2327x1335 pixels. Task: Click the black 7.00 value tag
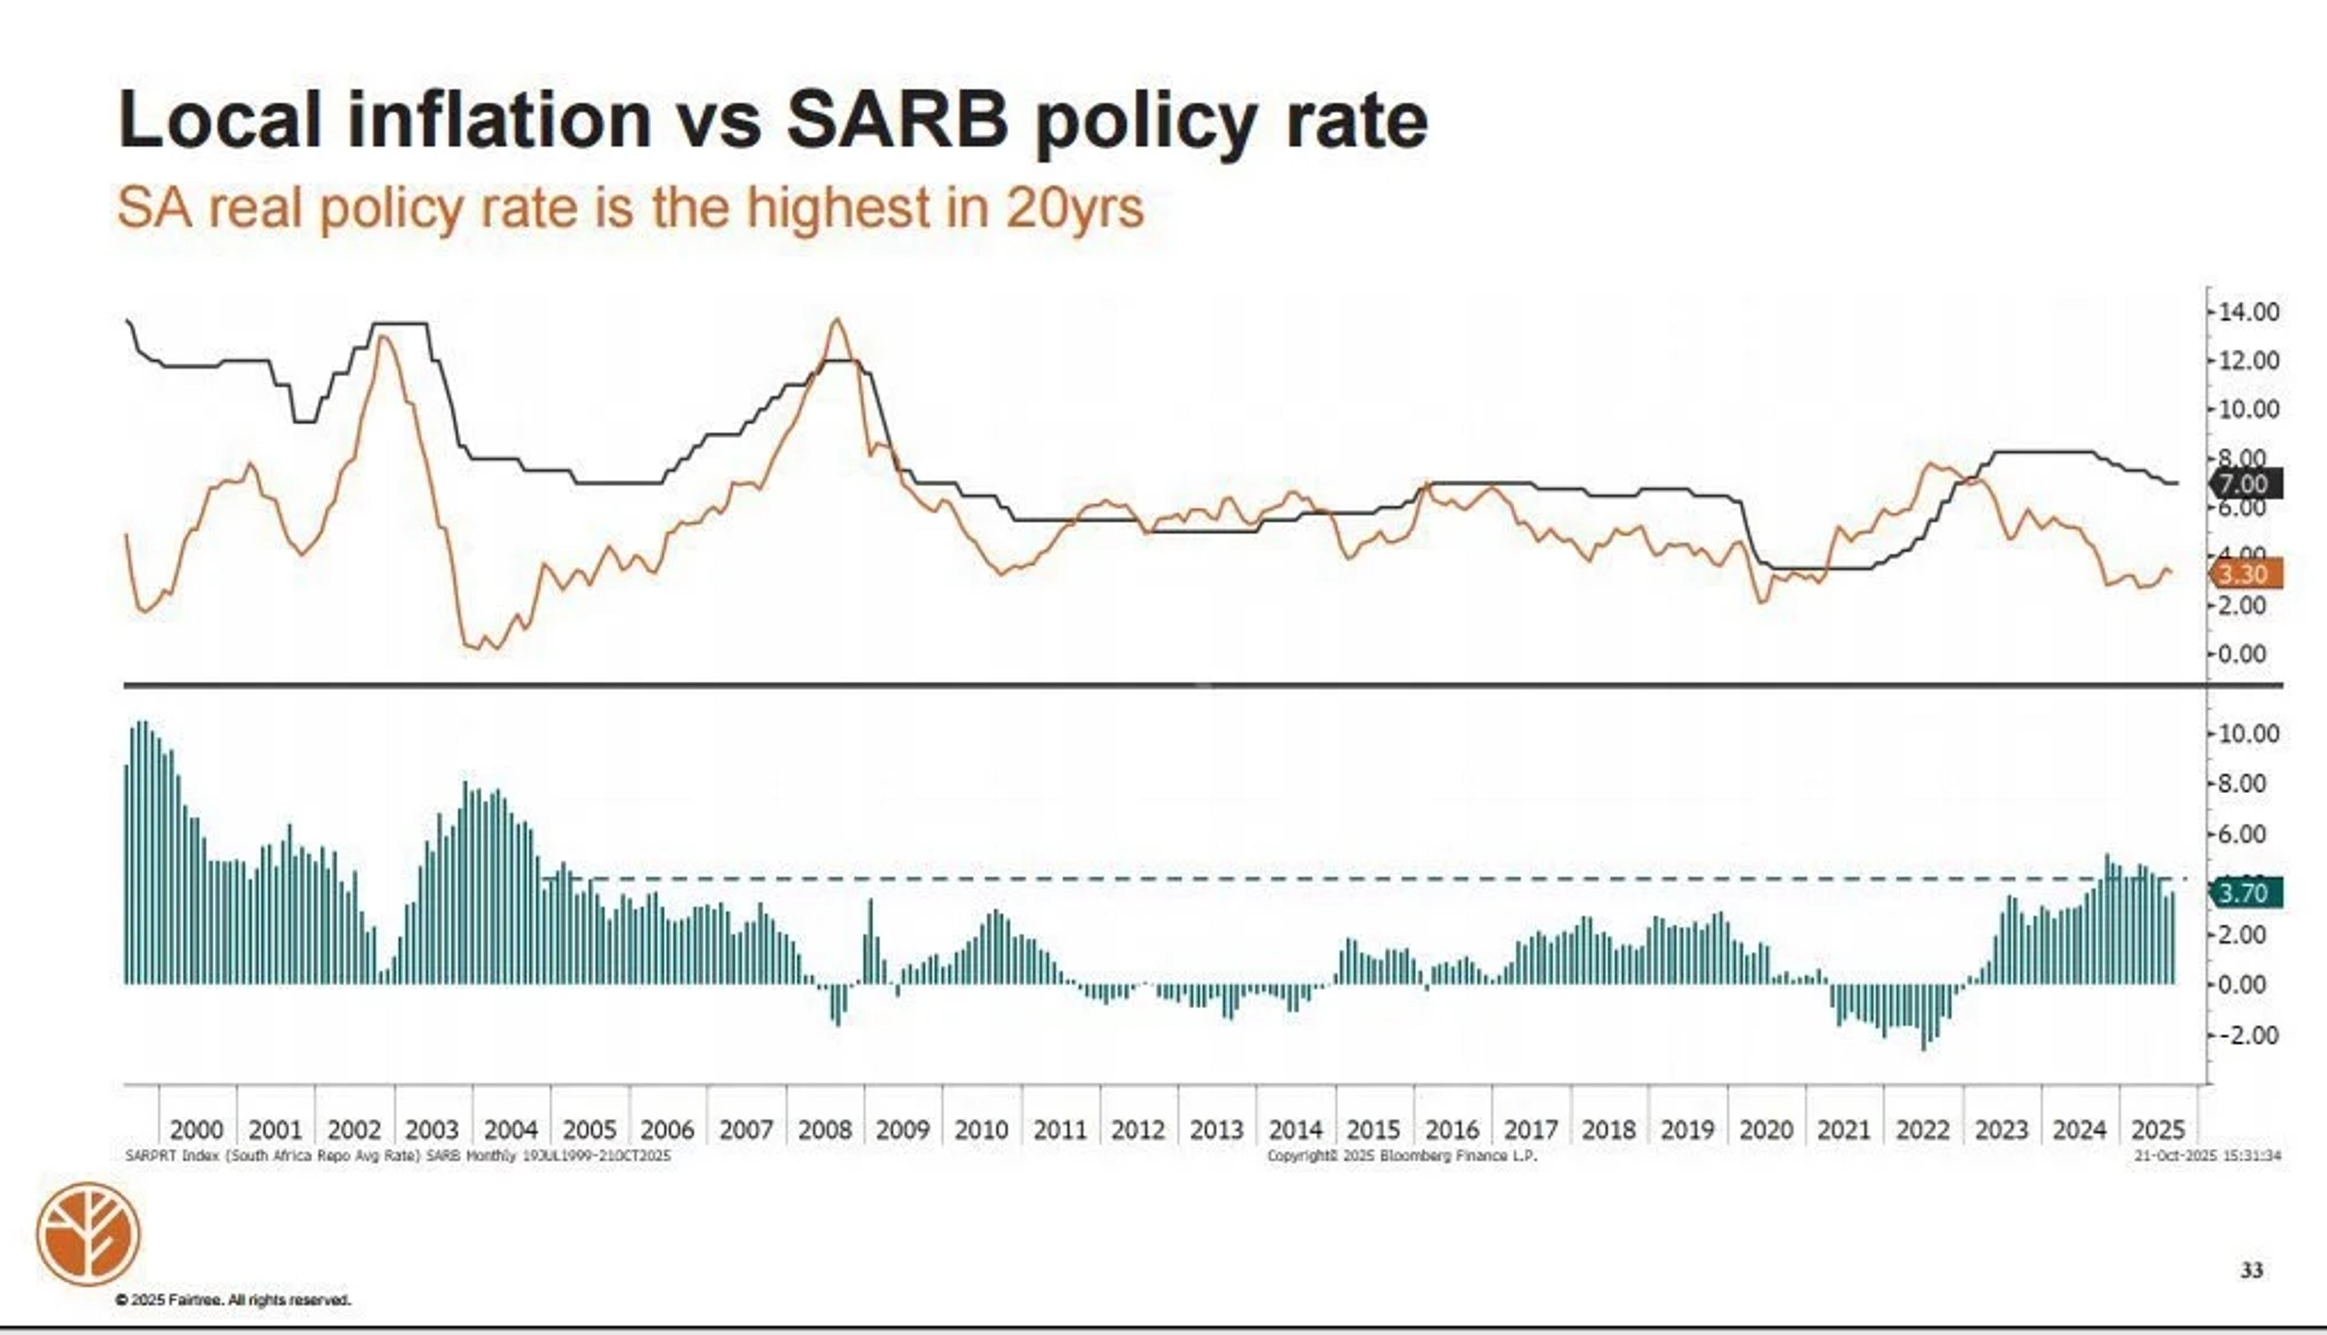pyautogui.click(x=2247, y=483)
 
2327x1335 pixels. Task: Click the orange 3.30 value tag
pyautogui.click(x=2247, y=574)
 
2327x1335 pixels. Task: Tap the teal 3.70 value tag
pyautogui.click(x=2247, y=892)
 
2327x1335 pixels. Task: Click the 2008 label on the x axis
pyautogui.click(x=824, y=1129)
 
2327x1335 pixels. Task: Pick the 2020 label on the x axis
pyautogui.click(x=1765, y=1129)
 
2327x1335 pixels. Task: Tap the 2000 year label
pyautogui.click(x=197, y=1129)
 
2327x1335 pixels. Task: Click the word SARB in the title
pyautogui.click(x=897, y=120)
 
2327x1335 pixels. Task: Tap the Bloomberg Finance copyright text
pyautogui.click(x=1401, y=1156)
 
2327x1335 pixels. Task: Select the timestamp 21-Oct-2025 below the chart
pyautogui.click(x=2206, y=1156)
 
